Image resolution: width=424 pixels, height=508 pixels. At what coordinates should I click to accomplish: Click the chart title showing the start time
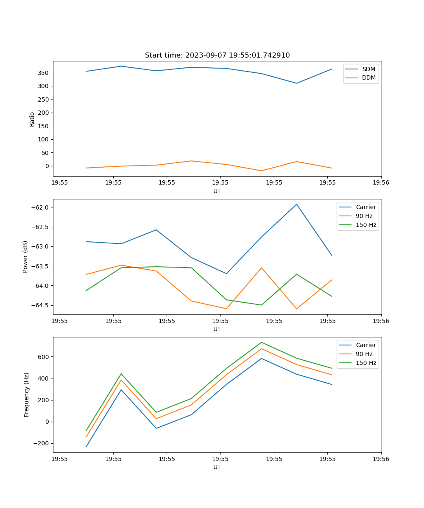217,55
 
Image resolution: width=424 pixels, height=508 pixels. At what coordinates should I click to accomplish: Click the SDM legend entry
368,69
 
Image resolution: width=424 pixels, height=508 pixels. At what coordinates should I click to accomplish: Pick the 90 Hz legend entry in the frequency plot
364,354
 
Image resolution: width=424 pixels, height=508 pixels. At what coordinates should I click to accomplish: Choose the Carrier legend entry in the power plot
365,207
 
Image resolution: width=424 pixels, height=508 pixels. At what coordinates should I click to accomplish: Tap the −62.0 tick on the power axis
39,207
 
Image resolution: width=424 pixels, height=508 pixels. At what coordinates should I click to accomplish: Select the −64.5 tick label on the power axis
39,305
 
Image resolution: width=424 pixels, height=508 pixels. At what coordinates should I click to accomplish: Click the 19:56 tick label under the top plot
381,183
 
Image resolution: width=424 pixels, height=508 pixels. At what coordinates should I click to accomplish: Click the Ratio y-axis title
32,119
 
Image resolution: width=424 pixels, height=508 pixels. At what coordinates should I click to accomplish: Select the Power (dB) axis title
26,257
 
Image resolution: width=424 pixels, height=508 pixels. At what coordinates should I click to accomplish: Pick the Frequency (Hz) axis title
27,395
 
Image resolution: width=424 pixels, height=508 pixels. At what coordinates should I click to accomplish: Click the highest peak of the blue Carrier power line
296,204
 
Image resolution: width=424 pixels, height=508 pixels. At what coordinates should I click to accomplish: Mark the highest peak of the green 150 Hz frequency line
261,342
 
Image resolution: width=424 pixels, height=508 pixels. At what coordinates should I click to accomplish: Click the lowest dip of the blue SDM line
296,83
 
